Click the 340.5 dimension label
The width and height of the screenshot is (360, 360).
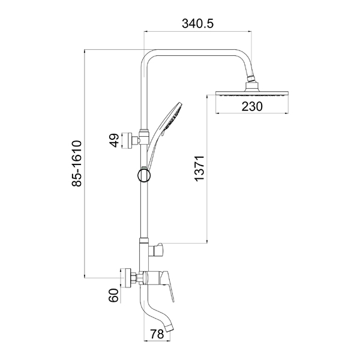point(197,23)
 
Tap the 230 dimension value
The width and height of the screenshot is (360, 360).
point(252,107)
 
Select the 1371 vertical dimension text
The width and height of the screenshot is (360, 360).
point(199,168)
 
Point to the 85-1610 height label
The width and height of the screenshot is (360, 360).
point(77,163)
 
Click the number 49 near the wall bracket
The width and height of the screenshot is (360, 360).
point(114,140)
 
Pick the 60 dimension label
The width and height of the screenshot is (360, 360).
point(113,295)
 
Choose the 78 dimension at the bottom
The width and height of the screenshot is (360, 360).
point(157,334)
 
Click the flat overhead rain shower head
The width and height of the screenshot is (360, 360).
point(252,93)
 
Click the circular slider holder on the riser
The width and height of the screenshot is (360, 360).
point(144,176)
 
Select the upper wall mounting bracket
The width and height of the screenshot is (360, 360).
point(128,140)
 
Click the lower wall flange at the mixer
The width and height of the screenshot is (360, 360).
point(126,278)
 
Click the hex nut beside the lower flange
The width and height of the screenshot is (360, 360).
point(133,278)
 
